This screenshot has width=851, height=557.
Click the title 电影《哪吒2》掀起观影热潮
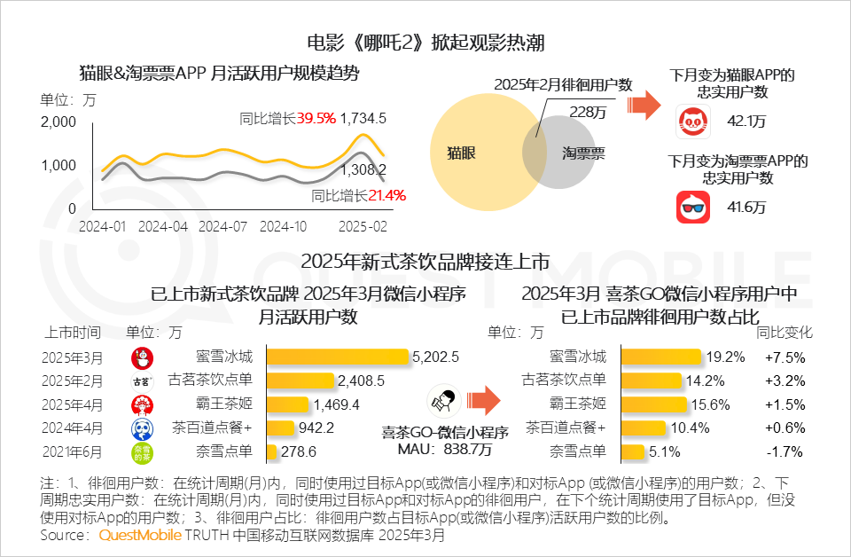[x=425, y=43]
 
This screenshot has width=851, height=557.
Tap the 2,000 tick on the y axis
[x=58, y=122]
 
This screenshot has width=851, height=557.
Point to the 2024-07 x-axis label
[x=223, y=226]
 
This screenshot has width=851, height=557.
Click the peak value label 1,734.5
[x=363, y=118]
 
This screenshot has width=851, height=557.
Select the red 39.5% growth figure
[x=316, y=118]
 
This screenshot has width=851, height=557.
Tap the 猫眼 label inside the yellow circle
[x=462, y=153]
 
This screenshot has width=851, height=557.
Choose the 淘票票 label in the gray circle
[x=583, y=153]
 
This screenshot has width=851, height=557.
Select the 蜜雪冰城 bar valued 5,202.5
[x=338, y=357]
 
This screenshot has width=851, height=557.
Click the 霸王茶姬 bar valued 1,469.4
[x=289, y=404]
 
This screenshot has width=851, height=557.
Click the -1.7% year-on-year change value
[x=783, y=451]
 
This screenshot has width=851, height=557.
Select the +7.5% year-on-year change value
[x=783, y=357]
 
